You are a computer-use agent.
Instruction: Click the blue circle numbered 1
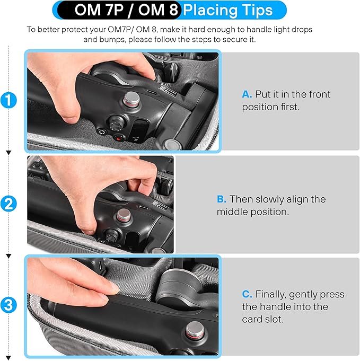tap(8, 100)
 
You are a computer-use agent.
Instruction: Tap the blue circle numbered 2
tap(8, 204)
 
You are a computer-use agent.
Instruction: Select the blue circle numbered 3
tap(8, 305)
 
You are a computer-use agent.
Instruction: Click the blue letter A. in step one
tap(247, 94)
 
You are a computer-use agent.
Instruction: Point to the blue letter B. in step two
tap(221, 199)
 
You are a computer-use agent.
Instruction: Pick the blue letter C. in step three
tap(247, 294)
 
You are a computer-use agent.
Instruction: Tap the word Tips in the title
tap(258, 11)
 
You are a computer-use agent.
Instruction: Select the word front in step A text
tap(320, 94)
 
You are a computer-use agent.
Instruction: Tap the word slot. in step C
tap(274, 319)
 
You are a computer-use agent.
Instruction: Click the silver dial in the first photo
tap(131, 99)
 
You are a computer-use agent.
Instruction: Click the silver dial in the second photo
tap(124, 216)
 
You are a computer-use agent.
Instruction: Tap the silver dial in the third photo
tap(195, 331)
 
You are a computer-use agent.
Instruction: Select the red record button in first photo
tap(119, 138)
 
